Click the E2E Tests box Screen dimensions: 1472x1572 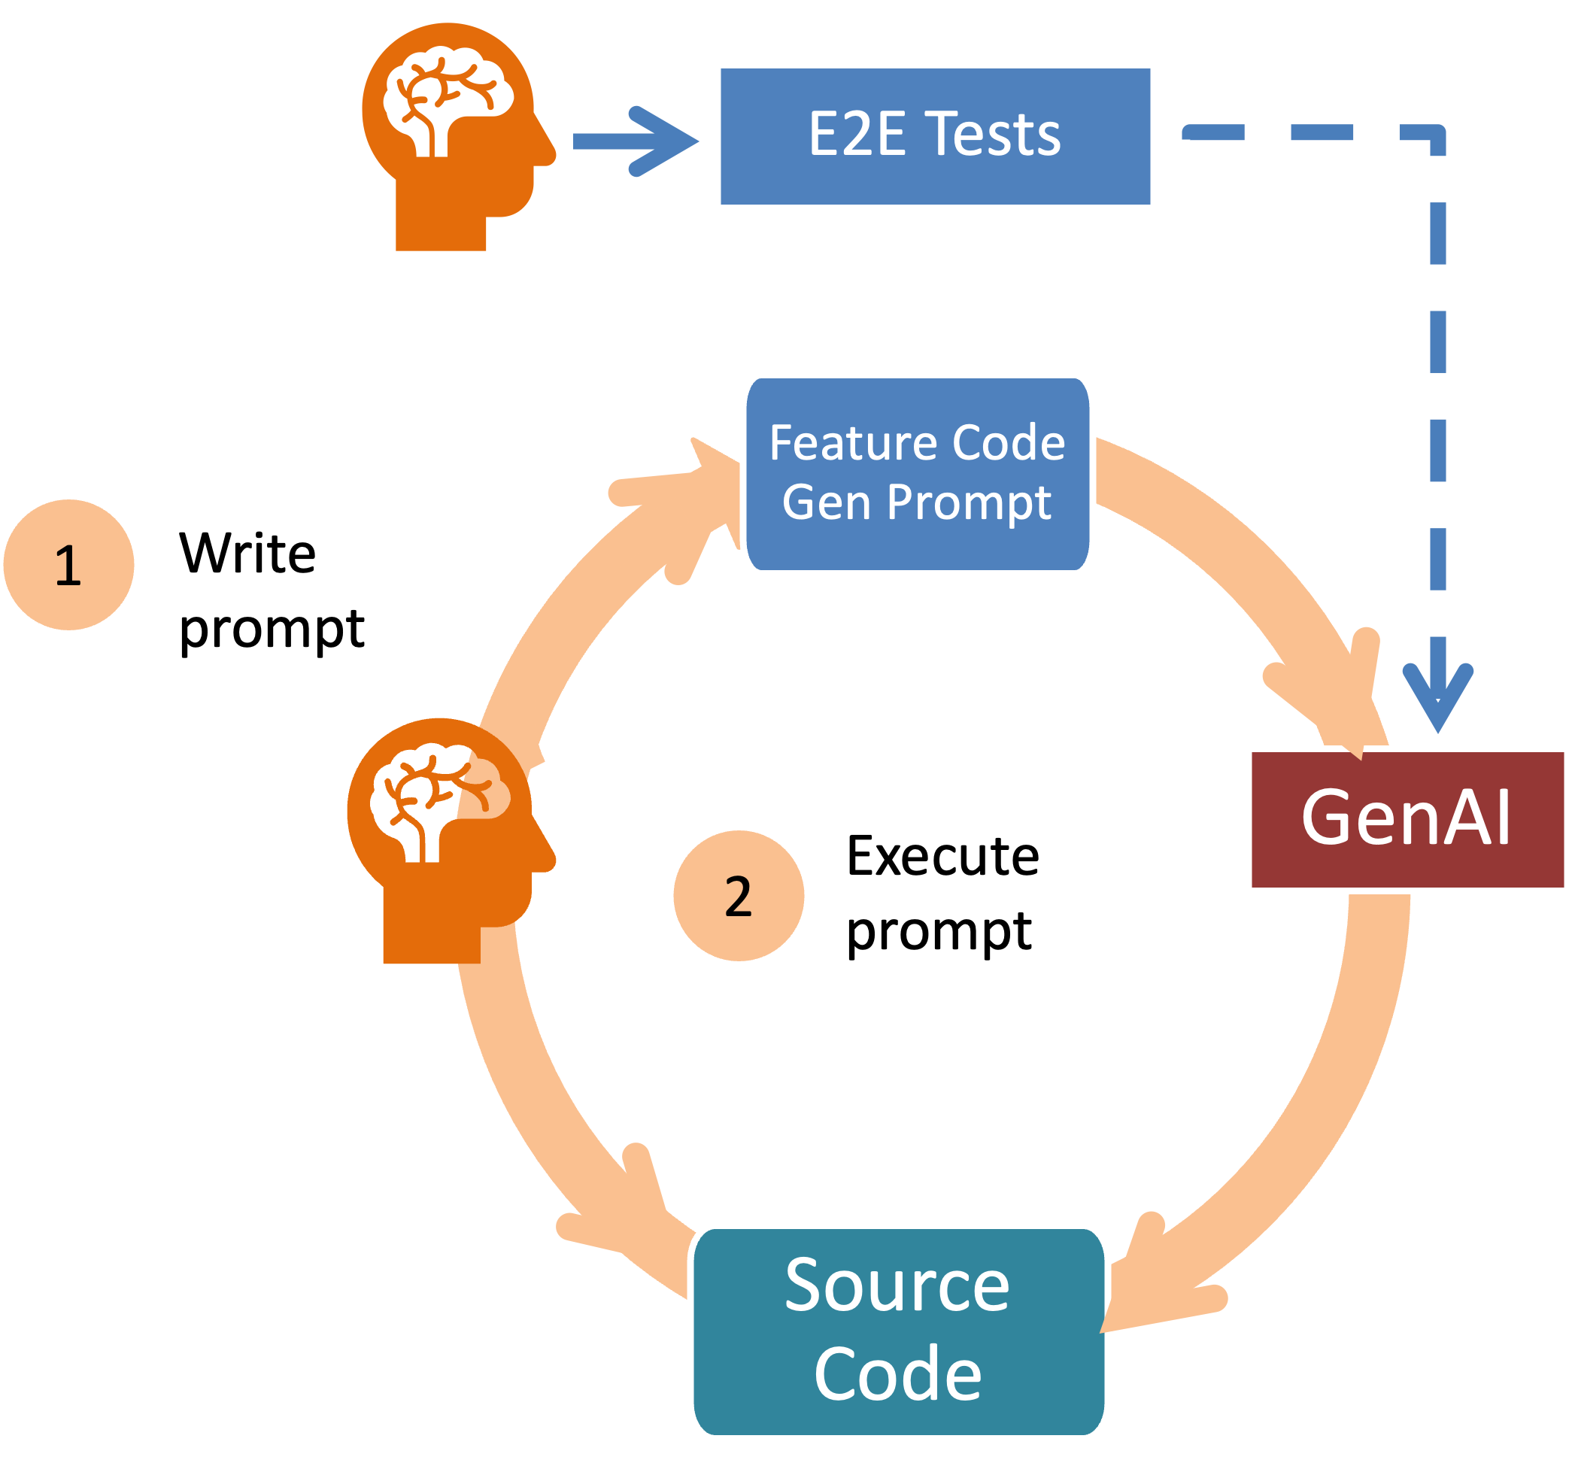point(936,137)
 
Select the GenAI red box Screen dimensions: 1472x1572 point(1407,819)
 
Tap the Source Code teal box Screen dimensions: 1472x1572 point(899,1331)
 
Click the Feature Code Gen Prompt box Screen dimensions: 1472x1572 point(918,474)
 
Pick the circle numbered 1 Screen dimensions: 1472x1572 point(68,565)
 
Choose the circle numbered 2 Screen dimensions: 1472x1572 point(739,895)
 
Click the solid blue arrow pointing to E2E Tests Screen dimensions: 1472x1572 point(636,141)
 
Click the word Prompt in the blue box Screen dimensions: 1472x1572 point(970,502)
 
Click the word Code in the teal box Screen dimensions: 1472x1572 point(897,1374)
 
